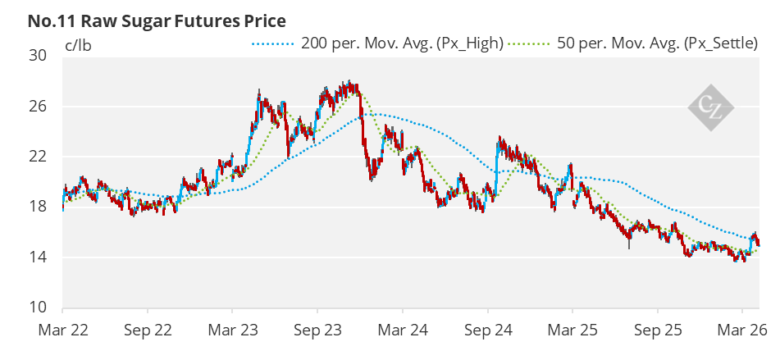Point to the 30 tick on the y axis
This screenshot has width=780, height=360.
pos(38,56)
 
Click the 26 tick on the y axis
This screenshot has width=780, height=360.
pos(38,107)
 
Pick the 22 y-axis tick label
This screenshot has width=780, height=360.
pos(38,157)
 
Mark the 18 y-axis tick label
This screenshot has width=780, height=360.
pos(38,207)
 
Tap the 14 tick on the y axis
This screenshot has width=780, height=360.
pos(38,257)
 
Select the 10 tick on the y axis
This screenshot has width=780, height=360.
pos(38,308)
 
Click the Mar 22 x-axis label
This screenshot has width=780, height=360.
pos(62,333)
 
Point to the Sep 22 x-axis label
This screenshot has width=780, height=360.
pos(148,333)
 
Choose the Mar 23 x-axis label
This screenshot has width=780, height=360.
pos(232,333)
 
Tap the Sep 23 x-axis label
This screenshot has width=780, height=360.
pos(317,333)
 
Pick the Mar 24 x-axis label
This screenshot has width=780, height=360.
pos(403,333)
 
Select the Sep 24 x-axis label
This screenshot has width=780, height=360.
pos(488,333)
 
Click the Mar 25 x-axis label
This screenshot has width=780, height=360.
pos(572,333)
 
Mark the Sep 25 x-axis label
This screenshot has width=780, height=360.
pos(658,333)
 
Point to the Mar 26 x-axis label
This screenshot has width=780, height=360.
pos(742,333)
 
